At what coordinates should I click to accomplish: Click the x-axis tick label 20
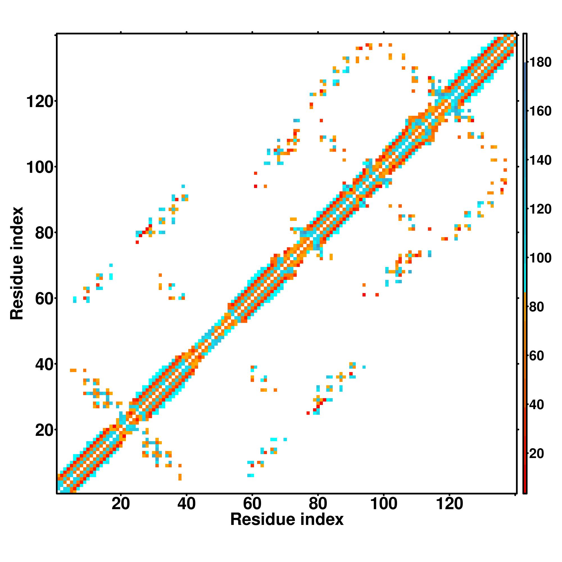click(121, 504)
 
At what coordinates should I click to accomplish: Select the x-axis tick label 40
click(186, 504)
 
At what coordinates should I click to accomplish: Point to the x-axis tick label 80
click(318, 504)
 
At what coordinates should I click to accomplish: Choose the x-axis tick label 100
click(383, 504)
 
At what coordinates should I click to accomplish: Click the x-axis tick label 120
click(449, 504)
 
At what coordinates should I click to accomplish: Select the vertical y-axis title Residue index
click(17, 263)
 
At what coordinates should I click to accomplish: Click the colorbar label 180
click(540, 62)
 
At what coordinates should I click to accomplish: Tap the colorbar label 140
click(540, 160)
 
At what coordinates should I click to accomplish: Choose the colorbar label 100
click(540, 258)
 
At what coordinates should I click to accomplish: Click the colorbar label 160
click(540, 111)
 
